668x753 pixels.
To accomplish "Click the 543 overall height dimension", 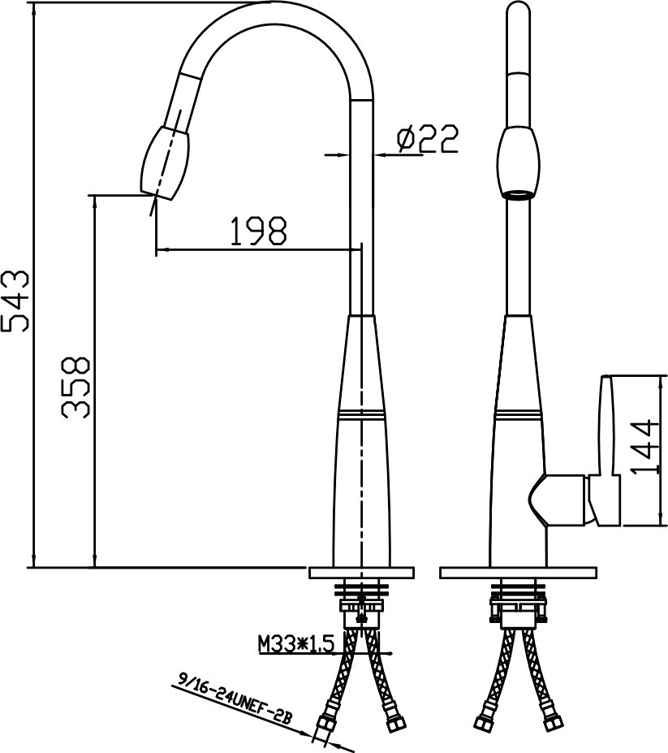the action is (15, 301).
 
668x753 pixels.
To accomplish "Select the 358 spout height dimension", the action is (75, 387).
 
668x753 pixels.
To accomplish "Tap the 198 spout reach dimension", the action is (259, 231).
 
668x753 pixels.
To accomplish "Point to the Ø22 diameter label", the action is (427, 138).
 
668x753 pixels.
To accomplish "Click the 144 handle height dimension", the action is (643, 447).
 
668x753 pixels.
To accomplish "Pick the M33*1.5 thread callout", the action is (295, 644).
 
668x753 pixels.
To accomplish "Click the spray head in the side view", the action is (166, 162).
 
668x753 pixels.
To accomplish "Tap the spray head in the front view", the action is (519, 163).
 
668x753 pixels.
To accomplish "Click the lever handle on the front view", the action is (606, 451).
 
